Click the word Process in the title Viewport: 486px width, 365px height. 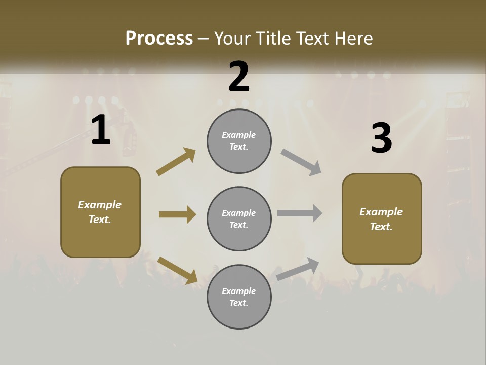(159, 39)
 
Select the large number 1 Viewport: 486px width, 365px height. (101, 130)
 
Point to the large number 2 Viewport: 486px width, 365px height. (239, 77)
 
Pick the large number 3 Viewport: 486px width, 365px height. (381, 138)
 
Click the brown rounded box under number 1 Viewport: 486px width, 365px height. (100, 212)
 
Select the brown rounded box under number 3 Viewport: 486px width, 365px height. (382, 219)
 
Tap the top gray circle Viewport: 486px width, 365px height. (239, 141)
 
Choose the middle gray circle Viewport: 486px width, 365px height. (239, 219)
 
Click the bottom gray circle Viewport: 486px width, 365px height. (239, 297)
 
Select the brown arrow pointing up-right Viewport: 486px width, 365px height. (176, 162)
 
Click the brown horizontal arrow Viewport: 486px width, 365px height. (177, 214)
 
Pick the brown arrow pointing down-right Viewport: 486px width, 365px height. (177, 270)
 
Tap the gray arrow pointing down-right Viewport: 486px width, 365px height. (301, 162)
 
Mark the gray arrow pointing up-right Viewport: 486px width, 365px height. (298, 269)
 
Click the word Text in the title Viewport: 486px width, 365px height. (313, 39)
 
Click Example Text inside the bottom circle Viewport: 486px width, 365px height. (239, 297)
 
